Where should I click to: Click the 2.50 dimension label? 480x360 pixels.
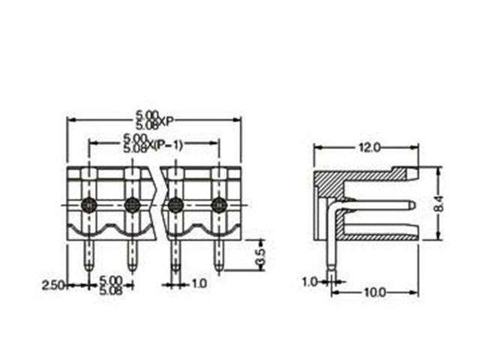(52, 285)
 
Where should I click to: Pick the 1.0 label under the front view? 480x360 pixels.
(199, 284)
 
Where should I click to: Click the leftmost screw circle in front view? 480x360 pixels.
(88, 204)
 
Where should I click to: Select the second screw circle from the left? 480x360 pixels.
(132, 204)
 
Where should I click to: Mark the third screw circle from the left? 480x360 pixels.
(175, 204)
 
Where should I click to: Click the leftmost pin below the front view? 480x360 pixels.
(88, 255)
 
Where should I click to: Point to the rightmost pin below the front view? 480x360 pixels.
(220, 255)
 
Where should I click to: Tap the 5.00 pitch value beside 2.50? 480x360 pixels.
(110, 279)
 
